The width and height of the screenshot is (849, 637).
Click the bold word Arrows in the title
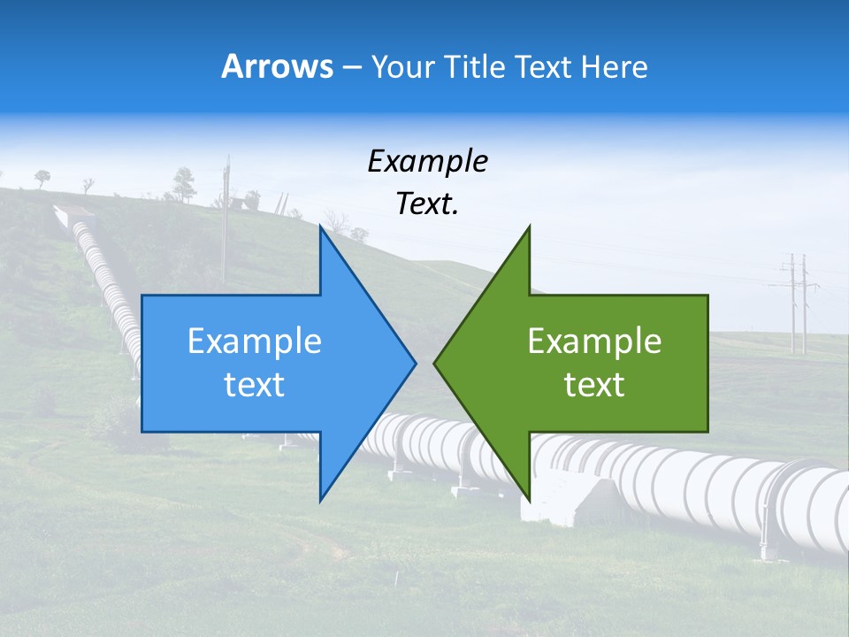click(277, 66)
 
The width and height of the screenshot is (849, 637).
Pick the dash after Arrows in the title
click(351, 67)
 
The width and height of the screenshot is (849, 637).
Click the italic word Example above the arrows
click(427, 162)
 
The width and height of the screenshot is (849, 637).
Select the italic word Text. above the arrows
click(427, 204)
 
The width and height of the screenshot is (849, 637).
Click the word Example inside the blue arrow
click(255, 342)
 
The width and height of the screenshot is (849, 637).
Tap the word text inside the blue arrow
click(255, 385)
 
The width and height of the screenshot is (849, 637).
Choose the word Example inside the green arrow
click(594, 342)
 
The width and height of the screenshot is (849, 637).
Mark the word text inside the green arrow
click(594, 385)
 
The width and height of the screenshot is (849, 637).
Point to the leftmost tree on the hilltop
click(42, 178)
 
